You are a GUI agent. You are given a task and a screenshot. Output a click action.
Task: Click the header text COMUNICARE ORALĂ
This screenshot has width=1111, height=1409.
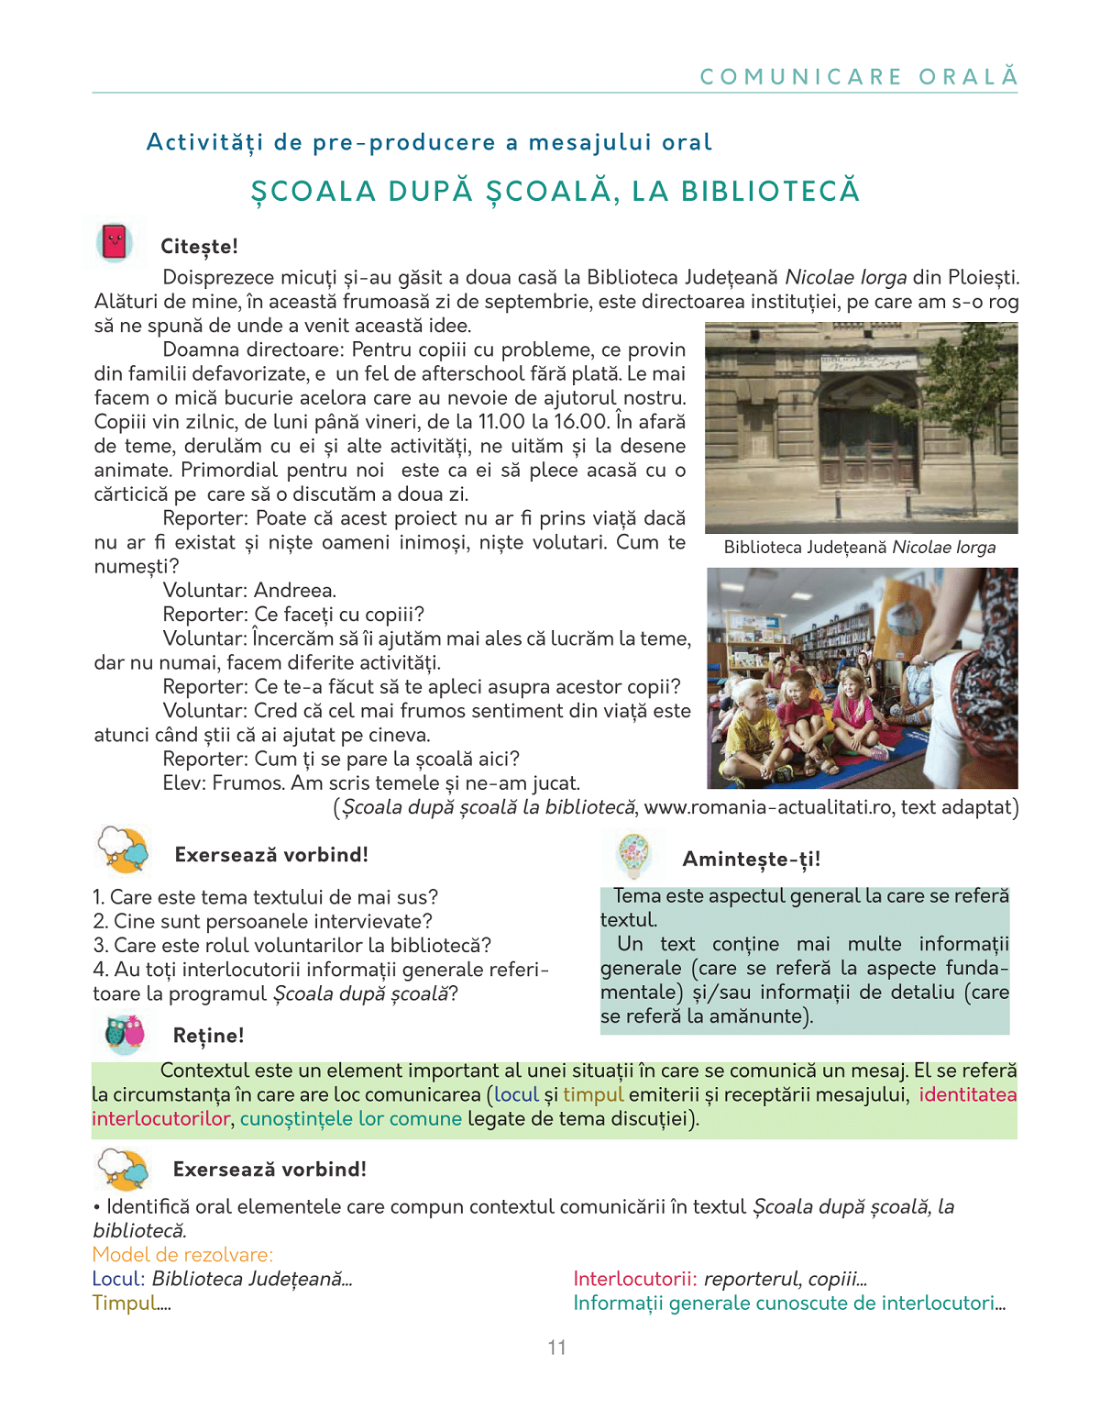click(x=859, y=76)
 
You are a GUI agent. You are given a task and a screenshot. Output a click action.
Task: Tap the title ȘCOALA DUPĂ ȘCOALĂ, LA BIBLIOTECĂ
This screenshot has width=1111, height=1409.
click(x=555, y=191)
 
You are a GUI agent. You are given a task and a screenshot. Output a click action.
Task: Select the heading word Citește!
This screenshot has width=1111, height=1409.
click(x=199, y=247)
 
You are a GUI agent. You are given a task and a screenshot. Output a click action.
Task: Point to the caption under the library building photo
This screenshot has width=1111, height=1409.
click(x=859, y=548)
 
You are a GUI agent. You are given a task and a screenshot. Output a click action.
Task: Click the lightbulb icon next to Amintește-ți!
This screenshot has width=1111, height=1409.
click(x=633, y=855)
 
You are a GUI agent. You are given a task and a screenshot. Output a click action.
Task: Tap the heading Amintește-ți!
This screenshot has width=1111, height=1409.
click(x=751, y=859)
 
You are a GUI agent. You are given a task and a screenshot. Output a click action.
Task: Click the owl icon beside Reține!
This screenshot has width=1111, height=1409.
click(x=125, y=1033)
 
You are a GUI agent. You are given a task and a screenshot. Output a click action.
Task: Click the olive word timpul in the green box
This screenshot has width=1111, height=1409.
click(x=593, y=1094)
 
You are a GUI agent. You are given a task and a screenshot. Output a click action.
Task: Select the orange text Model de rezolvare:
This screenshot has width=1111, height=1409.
click(x=182, y=1255)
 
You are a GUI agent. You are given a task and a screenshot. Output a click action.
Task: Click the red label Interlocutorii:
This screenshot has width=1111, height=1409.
click(x=635, y=1279)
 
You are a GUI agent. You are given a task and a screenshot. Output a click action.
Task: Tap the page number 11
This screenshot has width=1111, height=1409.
click(x=556, y=1348)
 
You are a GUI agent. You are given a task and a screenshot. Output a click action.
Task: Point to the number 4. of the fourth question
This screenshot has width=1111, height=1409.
click(x=100, y=970)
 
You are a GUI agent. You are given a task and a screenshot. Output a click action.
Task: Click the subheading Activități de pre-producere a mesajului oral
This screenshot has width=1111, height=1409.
click(x=429, y=142)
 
